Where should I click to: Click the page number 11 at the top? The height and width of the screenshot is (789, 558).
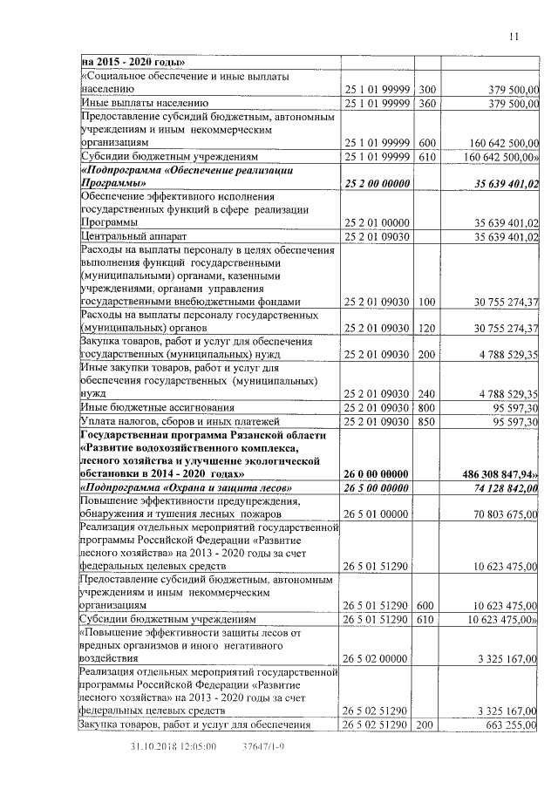(514, 36)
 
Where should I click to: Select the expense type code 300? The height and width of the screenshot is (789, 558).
(426, 89)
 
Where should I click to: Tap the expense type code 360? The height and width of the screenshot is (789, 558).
(426, 104)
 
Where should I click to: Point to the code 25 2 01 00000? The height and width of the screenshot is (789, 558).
(377, 222)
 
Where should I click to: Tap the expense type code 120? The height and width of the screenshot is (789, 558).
(426, 328)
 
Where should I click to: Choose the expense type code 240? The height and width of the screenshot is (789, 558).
(426, 393)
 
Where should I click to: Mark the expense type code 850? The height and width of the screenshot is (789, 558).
(426, 421)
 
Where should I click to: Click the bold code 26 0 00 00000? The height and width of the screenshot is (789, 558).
(377, 473)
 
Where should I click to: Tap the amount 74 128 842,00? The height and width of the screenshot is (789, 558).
(502, 487)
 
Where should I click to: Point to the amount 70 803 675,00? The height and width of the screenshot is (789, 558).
(502, 514)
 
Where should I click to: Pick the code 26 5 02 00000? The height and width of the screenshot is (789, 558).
(377, 657)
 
